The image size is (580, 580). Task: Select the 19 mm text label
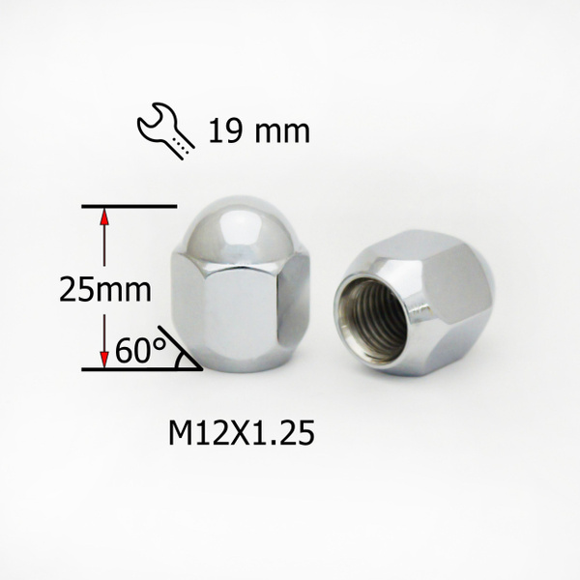tap(259, 131)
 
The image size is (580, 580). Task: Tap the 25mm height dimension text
tap(105, 290)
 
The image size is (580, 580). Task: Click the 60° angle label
tap(140, 350)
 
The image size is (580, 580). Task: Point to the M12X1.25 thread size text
tap(242, 433)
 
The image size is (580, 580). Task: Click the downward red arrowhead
tap(104, 359)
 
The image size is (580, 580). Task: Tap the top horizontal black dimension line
tap(130, 207)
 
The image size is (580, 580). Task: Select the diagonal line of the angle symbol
tap(181, 348)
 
